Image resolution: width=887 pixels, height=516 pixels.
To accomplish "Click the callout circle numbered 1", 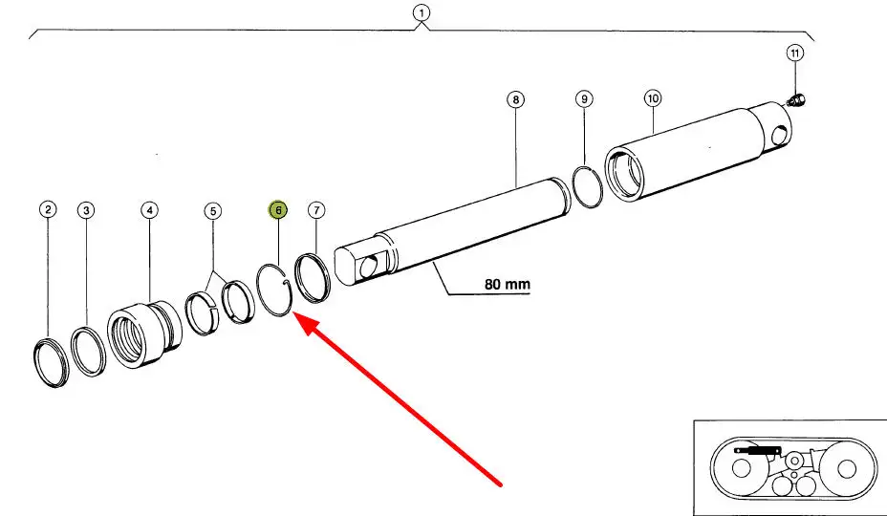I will pos(422,13).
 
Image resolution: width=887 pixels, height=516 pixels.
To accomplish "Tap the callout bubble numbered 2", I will pos(48,209).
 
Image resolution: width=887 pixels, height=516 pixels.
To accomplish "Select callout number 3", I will pos(86,209).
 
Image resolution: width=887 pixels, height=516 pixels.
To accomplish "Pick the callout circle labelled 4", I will pos(149,209).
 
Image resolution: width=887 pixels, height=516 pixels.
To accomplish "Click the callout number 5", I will pos(213,209).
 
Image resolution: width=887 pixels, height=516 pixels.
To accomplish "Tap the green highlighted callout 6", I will pos(278,209).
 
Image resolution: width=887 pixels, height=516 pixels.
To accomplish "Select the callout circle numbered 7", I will pos(316,209).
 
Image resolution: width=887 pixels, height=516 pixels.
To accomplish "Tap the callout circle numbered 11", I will pos(794,52).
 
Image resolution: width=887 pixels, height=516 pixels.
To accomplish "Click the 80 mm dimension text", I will pos(507,285).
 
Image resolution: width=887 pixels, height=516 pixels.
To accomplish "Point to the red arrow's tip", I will pos(293,316).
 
